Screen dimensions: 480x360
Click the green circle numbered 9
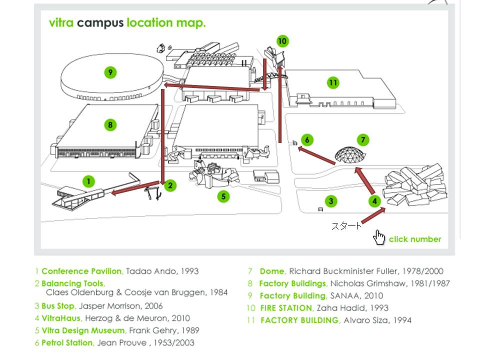[110, 72]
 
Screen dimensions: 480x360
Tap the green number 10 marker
[282, 41]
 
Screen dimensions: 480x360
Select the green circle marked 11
[333, 82]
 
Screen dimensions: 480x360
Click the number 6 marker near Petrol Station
[307, 140]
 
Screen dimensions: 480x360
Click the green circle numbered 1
[89, 181]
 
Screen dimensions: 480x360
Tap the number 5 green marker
[223, 196]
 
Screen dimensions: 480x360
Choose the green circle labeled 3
[330, 201]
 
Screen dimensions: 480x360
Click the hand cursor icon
[379, 237]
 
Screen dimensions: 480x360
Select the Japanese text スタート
[346, 226]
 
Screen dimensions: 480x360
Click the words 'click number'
[415, 239]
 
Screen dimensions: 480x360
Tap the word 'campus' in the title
[100, 23]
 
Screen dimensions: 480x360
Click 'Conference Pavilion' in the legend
[81, 271]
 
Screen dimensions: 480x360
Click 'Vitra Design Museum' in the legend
[83, 330]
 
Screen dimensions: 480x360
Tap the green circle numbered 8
[110, 125]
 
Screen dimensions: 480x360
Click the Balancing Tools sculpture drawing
[152, 192]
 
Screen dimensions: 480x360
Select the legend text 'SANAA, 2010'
[356, 295]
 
